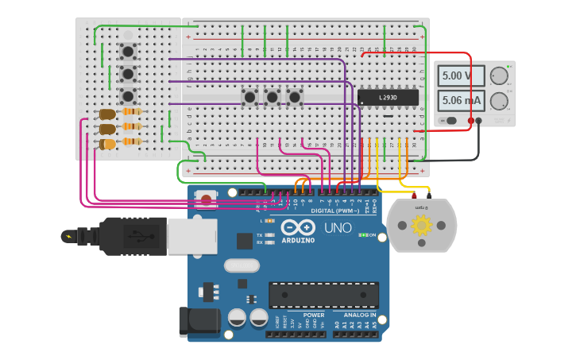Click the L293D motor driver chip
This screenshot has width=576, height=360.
[388, 97]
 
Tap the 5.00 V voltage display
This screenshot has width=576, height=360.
[461, 76]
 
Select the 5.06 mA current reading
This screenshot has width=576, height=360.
[461, 101]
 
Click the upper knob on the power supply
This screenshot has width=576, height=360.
[499, 76]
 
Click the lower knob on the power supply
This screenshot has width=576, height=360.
[499, 101]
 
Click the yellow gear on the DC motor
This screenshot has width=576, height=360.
[420, 226]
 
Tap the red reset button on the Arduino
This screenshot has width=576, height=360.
[207, 199]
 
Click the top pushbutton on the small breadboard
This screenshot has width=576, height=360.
[127, 52]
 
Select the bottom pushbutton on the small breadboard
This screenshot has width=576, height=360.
[127, 96]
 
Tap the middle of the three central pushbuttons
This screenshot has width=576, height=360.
[273, 97]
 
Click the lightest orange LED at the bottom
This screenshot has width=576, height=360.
[106, 144]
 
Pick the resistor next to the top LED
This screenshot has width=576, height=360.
[132, 112]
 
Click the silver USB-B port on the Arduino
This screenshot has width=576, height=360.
[191, 236]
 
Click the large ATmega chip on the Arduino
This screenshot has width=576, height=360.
[323, 295]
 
